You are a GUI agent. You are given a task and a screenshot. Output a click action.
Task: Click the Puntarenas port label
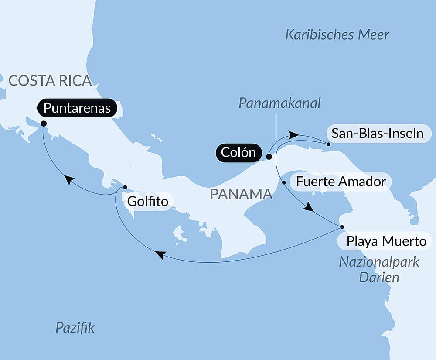(x=77, y=108)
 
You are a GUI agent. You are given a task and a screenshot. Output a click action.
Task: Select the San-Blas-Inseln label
(x=377, y=133)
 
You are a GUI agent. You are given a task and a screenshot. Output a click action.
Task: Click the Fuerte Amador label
(x=341, y=181)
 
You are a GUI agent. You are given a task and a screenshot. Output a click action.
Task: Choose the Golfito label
(x=147, y=202)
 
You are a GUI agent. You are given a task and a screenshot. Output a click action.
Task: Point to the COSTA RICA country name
(x=50, y=81)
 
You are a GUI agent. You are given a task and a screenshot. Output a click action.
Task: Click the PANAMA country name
(x=241, y=194)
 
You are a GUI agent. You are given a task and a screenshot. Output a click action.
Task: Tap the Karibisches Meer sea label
(x=337, y=35)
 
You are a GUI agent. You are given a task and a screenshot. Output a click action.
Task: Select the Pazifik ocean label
(x=75, y=328)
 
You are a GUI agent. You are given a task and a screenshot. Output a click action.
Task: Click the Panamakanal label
(x=279, y=103)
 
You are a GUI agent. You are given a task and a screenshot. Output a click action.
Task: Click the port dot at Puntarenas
(x=44, y=123)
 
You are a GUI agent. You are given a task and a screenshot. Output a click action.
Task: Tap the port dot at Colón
(x=269, y=156)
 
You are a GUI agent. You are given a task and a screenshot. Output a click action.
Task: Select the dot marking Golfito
(x=125, y=187)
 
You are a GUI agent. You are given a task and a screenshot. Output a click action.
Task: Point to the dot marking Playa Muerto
(x=342, y=227)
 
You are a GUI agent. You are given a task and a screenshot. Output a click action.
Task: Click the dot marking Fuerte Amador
(x=284, y=183)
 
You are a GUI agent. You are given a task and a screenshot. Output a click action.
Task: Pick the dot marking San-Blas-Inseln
(x=328, y=144)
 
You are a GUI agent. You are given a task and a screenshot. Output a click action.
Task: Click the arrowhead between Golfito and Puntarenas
(x=68, y=179)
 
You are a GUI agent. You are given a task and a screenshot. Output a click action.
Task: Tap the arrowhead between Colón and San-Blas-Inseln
(x=294, y=135)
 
